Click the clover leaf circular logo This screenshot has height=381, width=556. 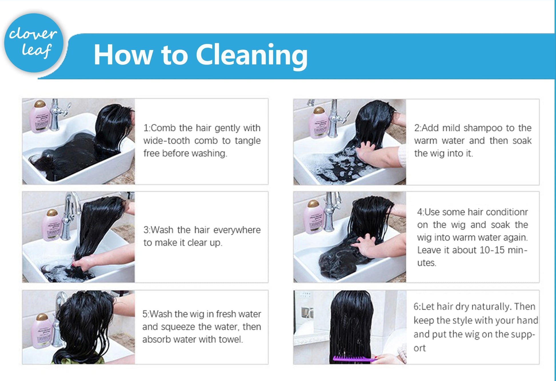click(34, 43)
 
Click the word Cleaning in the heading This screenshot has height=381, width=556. click(252, 55)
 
